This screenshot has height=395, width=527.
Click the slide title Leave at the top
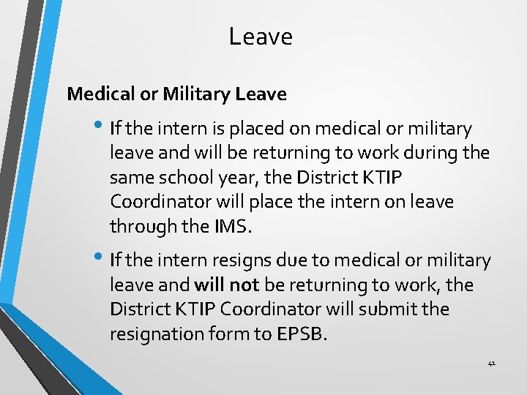(260, 37)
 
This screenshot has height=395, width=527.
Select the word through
(138, 226)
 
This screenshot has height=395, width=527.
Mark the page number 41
(491, 363)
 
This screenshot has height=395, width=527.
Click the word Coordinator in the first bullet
(152, 202)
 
